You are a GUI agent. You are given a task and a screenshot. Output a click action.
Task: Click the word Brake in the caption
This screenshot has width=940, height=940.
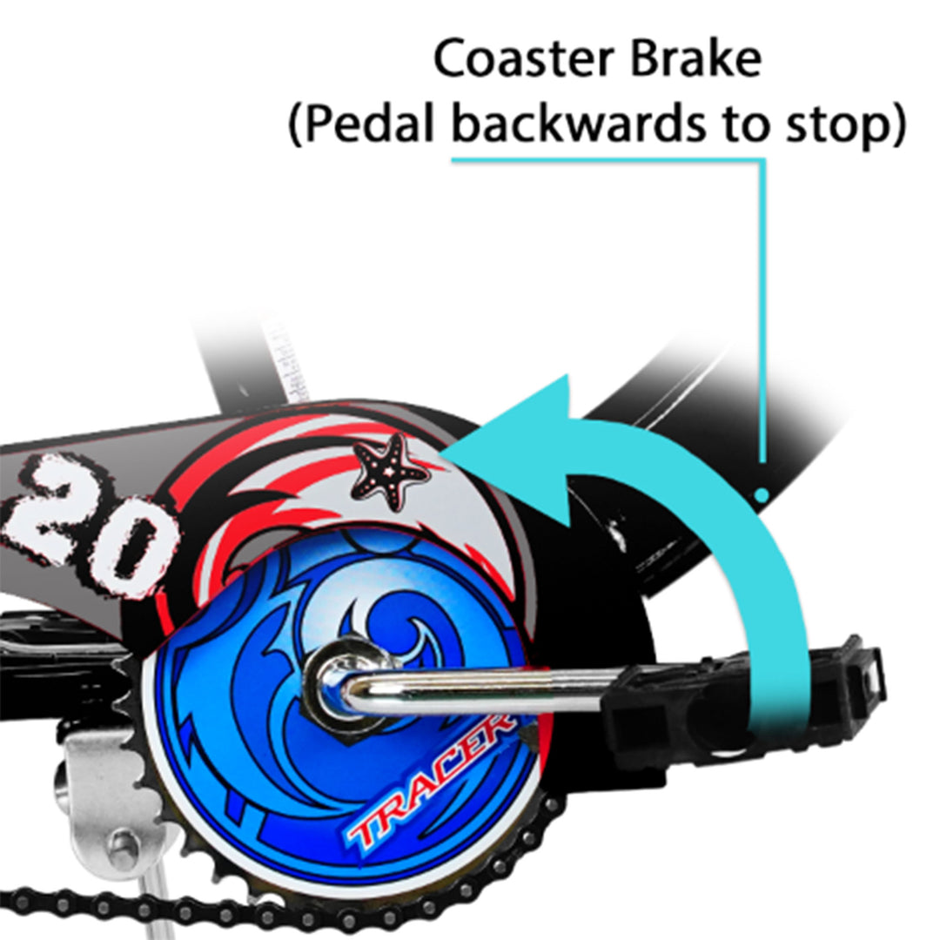696,59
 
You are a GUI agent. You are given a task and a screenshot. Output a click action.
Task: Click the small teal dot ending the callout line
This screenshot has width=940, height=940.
762,494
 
